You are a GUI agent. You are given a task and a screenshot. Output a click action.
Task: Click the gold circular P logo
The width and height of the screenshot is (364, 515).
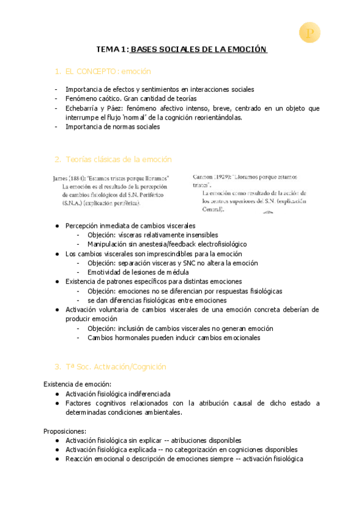(x=310, y=33)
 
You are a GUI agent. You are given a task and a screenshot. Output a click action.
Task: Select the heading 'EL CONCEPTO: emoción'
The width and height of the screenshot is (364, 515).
(x=108, y=72)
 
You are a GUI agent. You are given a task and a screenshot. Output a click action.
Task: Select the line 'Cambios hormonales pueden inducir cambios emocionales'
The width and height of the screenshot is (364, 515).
(x=174, y=338)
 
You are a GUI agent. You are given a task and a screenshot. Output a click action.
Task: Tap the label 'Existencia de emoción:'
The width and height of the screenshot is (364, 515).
(x=77, y=384)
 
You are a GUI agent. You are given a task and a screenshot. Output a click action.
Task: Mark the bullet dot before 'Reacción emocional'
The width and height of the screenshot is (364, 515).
(x=57, y=459)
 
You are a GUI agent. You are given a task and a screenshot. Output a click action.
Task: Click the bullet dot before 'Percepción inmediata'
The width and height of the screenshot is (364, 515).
(x=57, y=225)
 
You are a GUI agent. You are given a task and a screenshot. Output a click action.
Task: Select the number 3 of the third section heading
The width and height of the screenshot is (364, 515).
(x=57, y=367)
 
